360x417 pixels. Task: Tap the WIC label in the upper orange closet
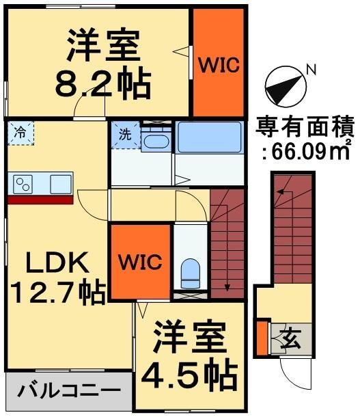[x=218, y=65]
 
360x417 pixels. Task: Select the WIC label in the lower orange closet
[x=141, y=262]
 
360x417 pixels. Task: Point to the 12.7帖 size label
[x=57, y=293]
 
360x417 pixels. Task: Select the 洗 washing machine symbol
[x=126, y=133]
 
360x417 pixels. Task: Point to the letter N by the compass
[x=311, y=68]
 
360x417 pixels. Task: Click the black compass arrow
[x=282, y=85]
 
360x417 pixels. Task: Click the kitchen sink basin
[x=60, y=183]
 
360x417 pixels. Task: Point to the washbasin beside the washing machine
[x=156, y=142]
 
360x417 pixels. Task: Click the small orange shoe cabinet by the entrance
[x=262, y=335]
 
